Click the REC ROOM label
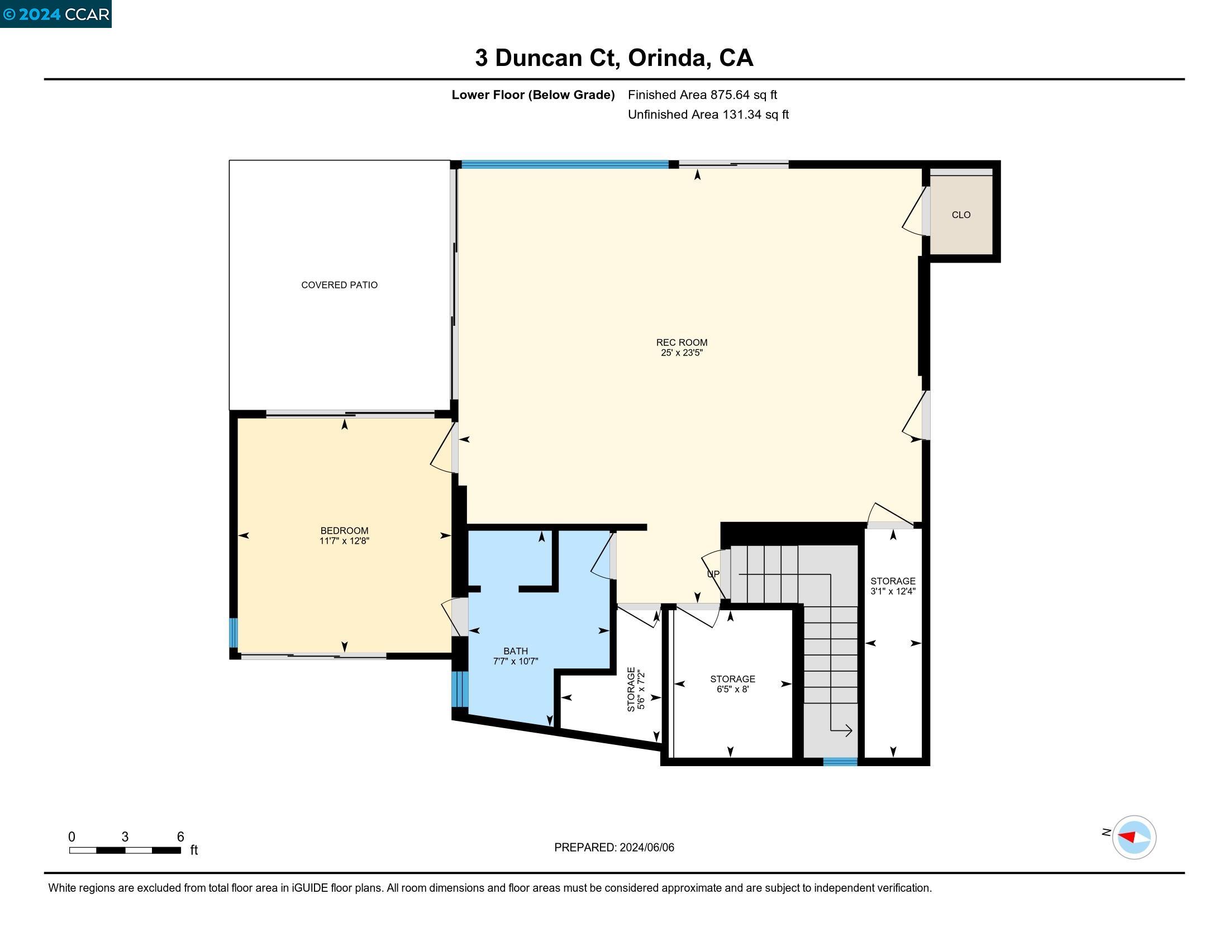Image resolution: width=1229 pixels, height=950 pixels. tap(682, 342)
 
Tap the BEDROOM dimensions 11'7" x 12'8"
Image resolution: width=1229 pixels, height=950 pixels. tap(344, 541)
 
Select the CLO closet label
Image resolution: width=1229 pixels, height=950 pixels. tap(961, 215)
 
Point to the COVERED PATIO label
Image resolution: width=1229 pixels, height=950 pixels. tap(339, 286)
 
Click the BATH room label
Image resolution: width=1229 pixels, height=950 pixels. tap(516, 651)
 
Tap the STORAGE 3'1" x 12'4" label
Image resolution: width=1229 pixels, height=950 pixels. tap(893, 586)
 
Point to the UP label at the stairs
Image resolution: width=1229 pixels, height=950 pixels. tap(712, 574)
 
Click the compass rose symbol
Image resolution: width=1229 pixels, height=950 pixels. tap(1133, 838)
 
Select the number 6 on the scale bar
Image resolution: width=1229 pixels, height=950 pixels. tap(180, 837)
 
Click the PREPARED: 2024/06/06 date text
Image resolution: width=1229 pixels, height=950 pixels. tap(614, 848)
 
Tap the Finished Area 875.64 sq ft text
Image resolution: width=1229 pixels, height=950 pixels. tap(702, 95)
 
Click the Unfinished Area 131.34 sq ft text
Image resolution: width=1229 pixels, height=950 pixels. tap(708, 115)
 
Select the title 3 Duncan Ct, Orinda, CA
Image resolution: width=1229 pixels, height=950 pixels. tap(614, 58)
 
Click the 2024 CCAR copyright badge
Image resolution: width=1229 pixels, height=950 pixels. tap(56, 13)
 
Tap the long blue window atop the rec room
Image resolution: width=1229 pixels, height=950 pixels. tap(564, 165)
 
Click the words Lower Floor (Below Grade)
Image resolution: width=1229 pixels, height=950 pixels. tap(532, 95)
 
